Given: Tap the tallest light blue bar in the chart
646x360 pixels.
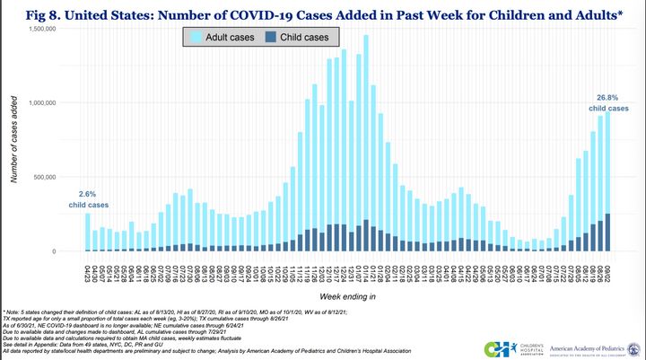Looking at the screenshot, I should [x=366, y=126].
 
